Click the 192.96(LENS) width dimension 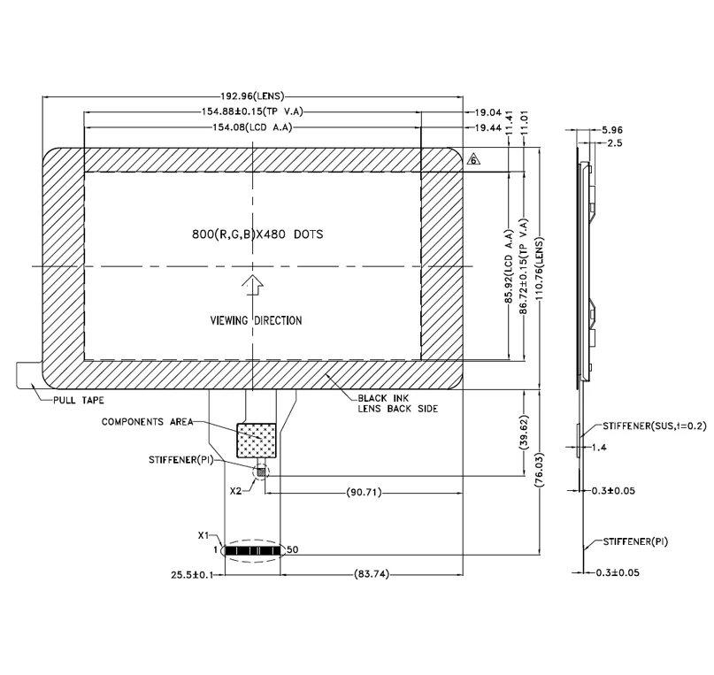click(x=252, y=96)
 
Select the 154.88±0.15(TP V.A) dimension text click(x=252, y=112)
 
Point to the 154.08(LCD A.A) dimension click(x=252, y=127)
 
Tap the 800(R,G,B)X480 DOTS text click(x=257, y=234)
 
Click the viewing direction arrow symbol click(x=252, y=285)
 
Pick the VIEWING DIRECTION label click(x=256, y=321)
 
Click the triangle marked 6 click(x=473, y=160)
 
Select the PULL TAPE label click(x=79, y=401)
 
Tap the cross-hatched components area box click(x=257, y=441)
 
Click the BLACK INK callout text click(x=383, y=398)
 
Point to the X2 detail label click(x=236, y=491)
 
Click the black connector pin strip click(x=252, y=551)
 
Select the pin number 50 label click(x=293, y=550)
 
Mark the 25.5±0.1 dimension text click(x=192, y=575)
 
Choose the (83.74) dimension click(x=372, y=574)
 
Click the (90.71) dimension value click(x=364, y=493)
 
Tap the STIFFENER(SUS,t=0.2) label click(x=655, y=426)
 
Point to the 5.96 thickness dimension click(x=612, y=130)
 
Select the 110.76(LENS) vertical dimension click(x=540, y=269)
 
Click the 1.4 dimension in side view click(x=599, y=448)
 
